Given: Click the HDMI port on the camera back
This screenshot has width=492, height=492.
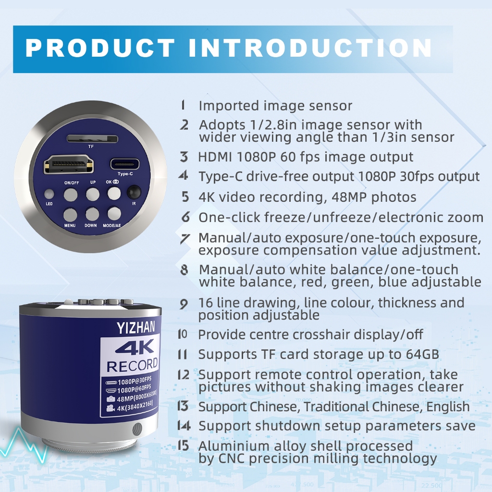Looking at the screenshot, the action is coord(69,164).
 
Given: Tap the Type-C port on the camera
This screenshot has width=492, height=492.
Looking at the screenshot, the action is coord(125,164).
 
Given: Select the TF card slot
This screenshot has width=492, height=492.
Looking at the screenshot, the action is coord(92,139).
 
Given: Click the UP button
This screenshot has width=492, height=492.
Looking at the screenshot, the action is coord(93,194).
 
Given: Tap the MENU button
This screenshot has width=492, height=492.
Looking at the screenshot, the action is coord(70,215).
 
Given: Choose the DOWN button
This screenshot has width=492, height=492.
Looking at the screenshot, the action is coord(92,214).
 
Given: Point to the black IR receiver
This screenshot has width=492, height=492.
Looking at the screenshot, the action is coord(134,192).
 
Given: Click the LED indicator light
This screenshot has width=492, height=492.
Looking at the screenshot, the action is coord(49,194).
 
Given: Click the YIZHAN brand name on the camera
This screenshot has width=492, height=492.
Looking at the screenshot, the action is coord(136,328).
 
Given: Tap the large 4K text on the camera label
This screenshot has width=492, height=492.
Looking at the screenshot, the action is coord(135,347).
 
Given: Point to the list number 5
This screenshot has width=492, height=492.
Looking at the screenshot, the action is coord(185,197).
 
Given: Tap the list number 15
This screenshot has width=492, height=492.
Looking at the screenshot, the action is coord(183,445).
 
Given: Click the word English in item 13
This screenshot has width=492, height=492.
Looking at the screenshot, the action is coord(448,407).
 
